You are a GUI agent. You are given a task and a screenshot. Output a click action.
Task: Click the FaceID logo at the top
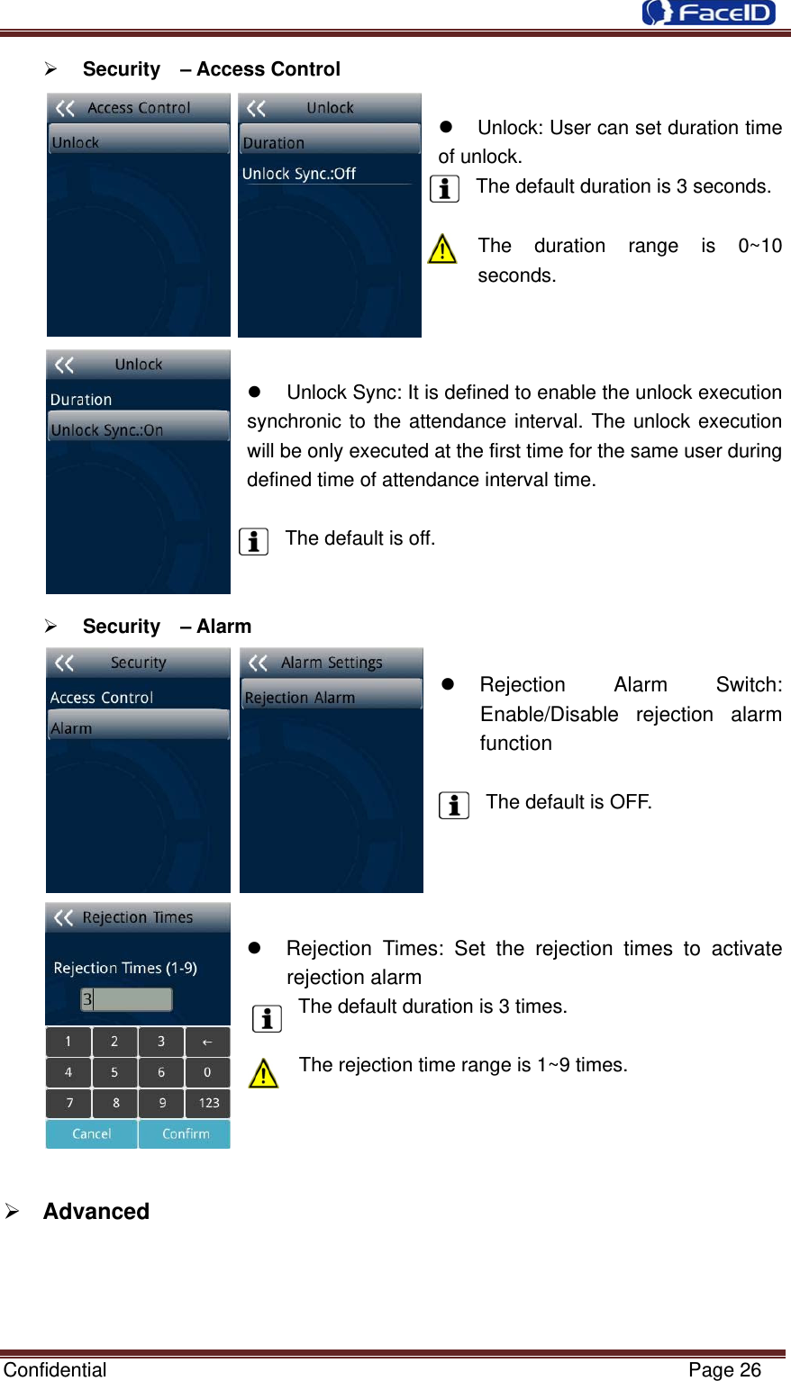pyautogui.click(x=709, y=13)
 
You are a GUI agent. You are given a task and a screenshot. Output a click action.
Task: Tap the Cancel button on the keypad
pyautogui.click(x=92, y=1133)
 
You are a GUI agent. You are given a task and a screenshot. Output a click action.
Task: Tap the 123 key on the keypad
pyautogui.click(x=208, y=1103)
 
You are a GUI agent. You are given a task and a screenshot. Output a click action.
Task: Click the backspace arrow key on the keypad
pyautogui.click(x=207, y=1042)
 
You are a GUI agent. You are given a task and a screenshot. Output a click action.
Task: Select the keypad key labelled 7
pyautogui.click(x=69, y=1103)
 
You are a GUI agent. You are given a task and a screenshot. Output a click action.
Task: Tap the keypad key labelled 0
pyautogui.click(x=207, y=1072)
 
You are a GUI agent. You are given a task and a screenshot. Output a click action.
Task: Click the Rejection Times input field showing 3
pyautogui.click(x=127, y=999)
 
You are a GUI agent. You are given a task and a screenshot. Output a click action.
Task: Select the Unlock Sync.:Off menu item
pyautogui.click(x=299, y=174)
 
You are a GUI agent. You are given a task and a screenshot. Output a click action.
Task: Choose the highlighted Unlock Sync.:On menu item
pyautogui.click(x=138, y=429)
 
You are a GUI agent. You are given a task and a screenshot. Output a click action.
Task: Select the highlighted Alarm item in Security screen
pyautogui.click(x=138, y=727)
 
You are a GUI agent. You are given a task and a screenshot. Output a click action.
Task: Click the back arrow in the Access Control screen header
pyautogui.click(x=65, y=109)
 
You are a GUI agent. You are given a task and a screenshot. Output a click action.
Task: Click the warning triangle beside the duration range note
pyautogui.click(x=442, y=248)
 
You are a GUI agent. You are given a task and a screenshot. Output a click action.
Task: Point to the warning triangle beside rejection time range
pyautogui.click(x=263, y=1073)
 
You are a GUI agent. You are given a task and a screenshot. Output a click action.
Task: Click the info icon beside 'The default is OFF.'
pyautogui.click(x=454, y=805)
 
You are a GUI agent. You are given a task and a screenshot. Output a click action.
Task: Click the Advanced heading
pyautogui.click(x=95, y=1211)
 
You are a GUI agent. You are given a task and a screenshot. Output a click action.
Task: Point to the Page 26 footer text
pyautogui.click(x=724, y=1370)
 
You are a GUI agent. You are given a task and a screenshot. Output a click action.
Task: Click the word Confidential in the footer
pyautogui.click(x=55, y=1370)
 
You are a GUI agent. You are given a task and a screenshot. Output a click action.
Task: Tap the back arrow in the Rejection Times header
pyautogui.click(x=64, y=917)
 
